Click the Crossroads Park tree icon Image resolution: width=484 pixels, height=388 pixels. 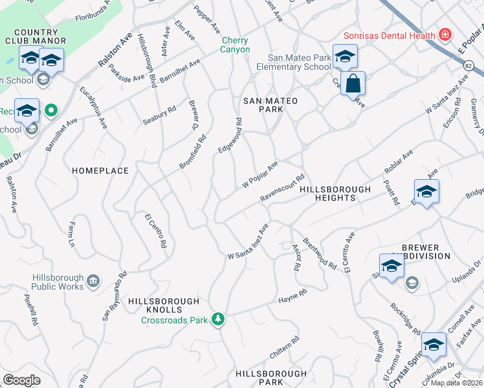[219, 319]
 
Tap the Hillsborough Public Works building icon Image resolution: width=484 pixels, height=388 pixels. [93, 281]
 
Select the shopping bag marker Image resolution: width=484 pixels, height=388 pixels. [353, 85]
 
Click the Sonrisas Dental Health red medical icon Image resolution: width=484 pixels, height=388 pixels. [445, 34]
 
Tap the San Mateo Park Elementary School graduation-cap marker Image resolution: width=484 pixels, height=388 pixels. [345, 57]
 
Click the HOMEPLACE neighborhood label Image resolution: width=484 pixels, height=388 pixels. [100, 171]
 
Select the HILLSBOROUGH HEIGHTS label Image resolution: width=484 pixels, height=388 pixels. [335, 194]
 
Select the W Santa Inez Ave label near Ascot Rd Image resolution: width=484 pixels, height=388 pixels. [248, 243]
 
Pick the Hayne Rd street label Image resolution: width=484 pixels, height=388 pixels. [292, 297]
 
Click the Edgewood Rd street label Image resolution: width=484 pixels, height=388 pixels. [230, 135]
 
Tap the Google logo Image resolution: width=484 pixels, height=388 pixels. [21, 380]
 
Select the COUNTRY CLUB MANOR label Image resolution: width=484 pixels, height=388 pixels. [36, 38]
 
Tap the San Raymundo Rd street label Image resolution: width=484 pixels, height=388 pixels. [115, 297]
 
